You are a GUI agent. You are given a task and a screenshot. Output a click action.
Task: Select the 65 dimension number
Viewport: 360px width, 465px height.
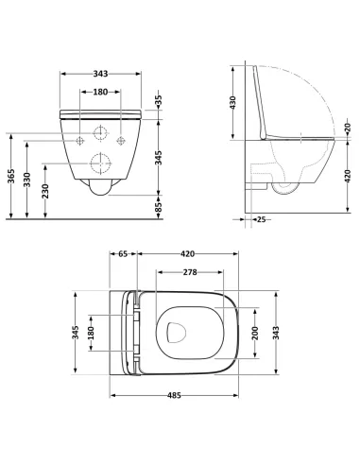[x=123, y=254]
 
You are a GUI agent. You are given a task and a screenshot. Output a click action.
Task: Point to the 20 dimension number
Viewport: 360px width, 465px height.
[x=347, y=129]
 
